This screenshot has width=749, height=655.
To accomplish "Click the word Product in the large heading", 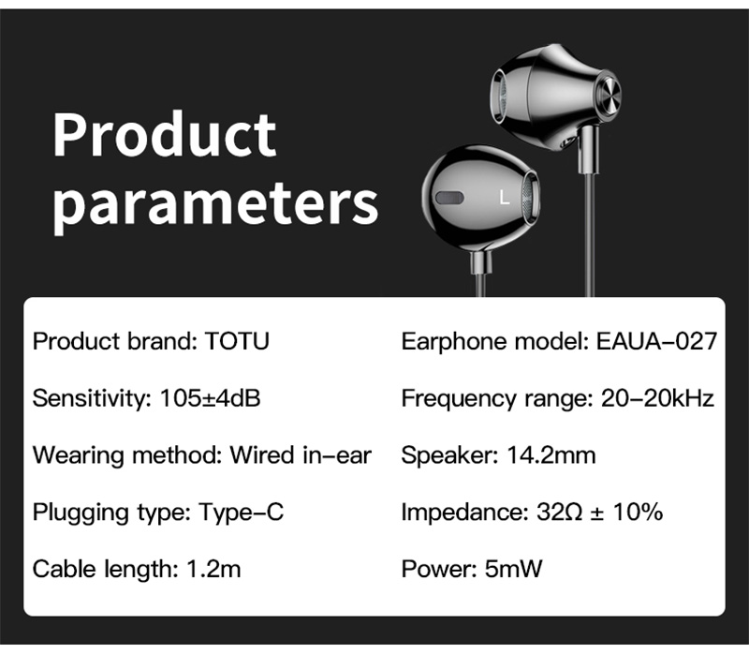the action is pos(165,134).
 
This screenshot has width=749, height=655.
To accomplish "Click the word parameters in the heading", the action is pos(215,204).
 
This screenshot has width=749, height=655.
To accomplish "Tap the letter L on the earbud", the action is pos(505,198).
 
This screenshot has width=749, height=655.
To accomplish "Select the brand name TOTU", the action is pos(237,341).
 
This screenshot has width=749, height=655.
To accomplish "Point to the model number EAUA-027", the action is pos(656,341).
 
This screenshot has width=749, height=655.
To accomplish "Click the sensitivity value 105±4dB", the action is pos(210,398).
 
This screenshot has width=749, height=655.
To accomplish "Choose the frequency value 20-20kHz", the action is pos(657,398).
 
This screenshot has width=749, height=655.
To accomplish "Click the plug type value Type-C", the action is pos(242,512).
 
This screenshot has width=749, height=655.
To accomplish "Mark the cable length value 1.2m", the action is pos(213,569).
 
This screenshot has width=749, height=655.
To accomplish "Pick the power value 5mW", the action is pos(513,569).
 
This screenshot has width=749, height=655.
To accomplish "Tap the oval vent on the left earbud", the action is pos(449,198).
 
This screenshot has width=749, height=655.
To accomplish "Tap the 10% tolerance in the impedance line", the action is pos(639,512).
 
